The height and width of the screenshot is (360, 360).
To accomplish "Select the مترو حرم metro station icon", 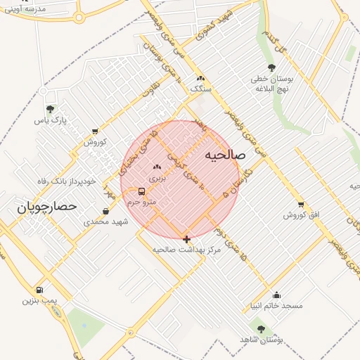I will coord(142,191).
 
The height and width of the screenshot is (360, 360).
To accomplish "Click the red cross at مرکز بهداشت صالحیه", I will coord(186,239).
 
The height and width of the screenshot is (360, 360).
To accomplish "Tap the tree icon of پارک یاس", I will coord(50,109).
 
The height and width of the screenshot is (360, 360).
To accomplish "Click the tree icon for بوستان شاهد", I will coord(261,329).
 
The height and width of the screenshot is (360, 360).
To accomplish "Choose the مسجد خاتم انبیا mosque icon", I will coord(276,295).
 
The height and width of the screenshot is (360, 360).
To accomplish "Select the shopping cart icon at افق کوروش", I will coord(301,204).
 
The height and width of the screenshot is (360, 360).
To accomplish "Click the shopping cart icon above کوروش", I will coord(95,131).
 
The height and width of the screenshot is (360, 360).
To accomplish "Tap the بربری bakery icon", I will coord(157,167).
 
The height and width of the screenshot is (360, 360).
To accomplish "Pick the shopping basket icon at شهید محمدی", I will coord(105,211).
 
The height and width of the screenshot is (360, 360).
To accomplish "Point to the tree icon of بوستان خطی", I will coord(272,68).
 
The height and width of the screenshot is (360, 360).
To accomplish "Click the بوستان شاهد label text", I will coord(261,340).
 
